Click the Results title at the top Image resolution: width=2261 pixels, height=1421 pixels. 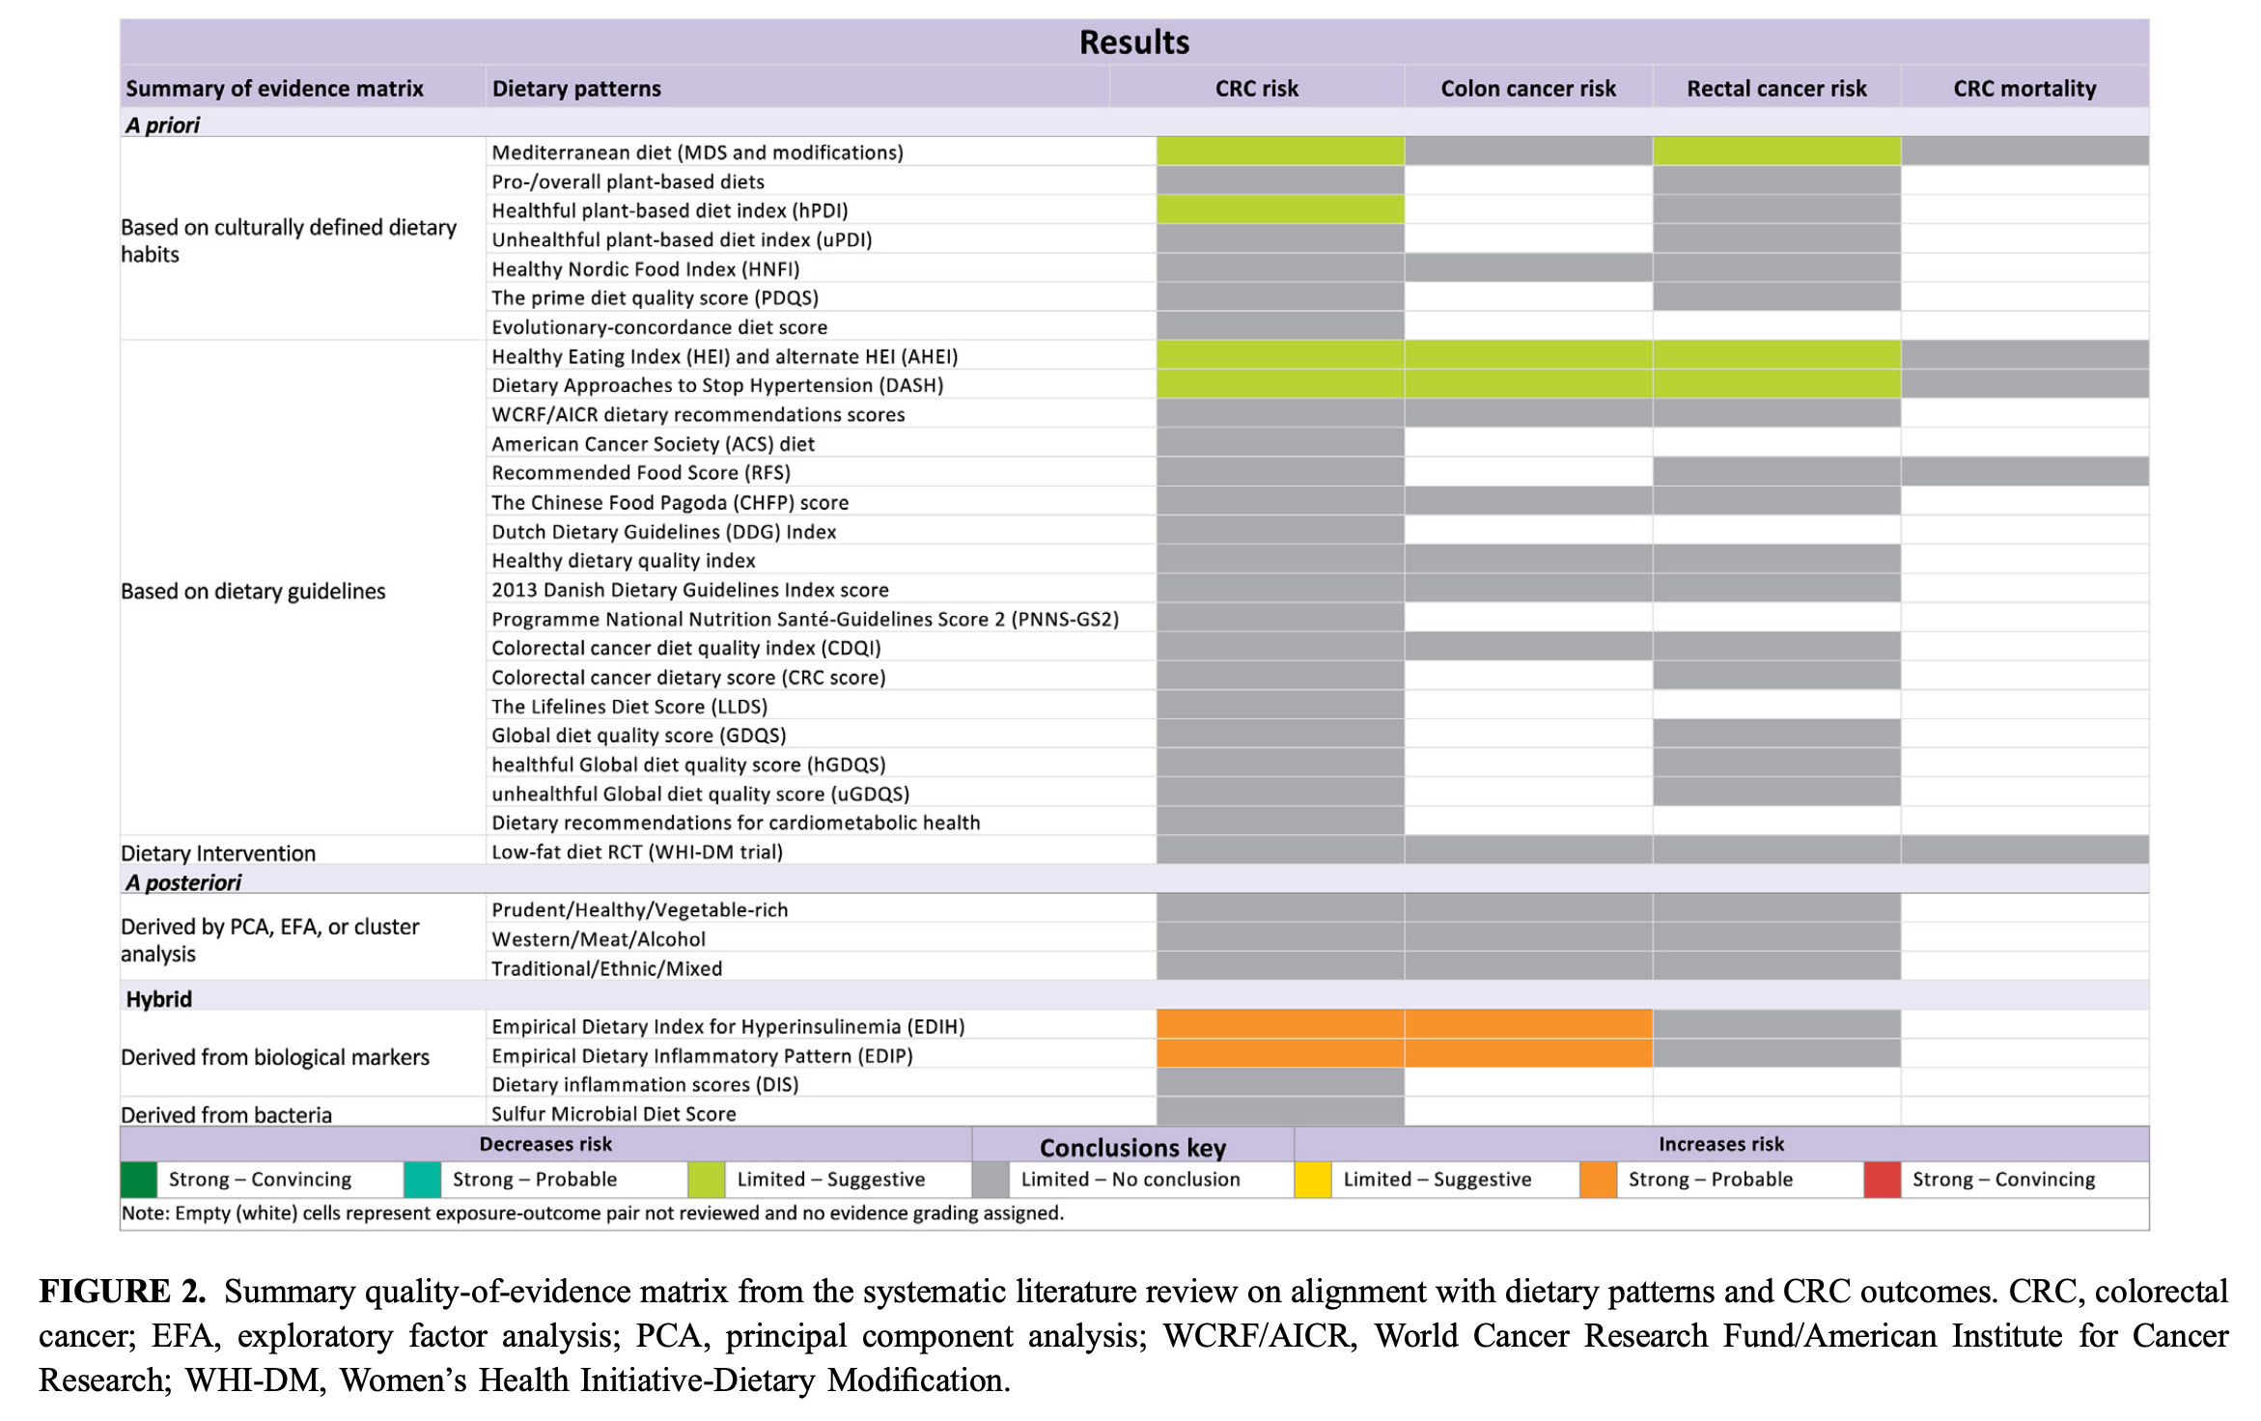coord(1133,42)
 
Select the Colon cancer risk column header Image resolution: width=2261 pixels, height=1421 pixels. coord(1527,89)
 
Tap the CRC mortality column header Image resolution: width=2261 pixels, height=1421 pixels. coord(2024,89)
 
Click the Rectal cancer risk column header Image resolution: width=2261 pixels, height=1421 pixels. coord(1776,89)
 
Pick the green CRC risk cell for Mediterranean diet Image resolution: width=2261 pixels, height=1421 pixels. coord(1280,152)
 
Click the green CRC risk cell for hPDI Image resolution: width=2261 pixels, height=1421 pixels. coord(1280,209)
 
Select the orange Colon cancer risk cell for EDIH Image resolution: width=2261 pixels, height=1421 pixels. coord(1528,1025)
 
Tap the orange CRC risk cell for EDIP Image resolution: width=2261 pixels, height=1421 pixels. coord(1280,1054)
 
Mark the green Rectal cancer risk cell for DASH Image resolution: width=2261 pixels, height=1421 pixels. coord(1776,384)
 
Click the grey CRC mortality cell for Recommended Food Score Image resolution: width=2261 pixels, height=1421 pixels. coord(2024,472)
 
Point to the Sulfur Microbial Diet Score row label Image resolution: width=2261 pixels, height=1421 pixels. coord(613,1113)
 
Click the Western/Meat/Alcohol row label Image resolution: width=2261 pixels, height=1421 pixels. coord(599,938)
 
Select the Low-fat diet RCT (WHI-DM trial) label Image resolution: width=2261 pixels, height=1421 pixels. coord(637,851)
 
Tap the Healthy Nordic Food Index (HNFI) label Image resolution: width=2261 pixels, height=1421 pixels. coord(645,268)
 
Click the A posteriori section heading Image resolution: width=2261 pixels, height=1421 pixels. coord(183,882)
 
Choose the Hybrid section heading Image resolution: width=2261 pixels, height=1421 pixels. coord(159,999)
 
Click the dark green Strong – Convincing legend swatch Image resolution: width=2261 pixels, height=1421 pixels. coord(138,1180)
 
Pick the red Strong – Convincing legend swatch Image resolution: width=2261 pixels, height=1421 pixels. coord(1882,1180)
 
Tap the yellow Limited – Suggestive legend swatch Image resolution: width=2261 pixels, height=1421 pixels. coord(1312,1180)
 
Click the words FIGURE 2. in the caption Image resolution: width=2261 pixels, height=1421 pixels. coord(123,1292)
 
